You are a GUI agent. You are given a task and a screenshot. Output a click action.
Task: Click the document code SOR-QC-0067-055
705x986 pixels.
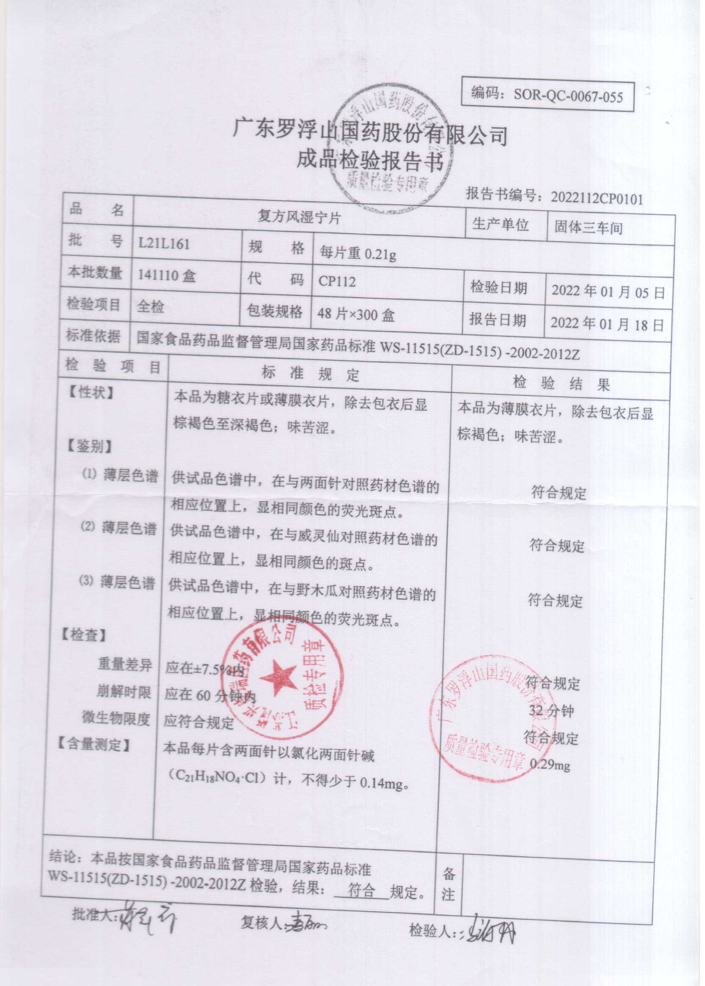568,95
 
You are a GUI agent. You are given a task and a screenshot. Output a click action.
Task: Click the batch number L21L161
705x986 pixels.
164,244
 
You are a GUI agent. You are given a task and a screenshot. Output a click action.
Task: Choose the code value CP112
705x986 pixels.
337,282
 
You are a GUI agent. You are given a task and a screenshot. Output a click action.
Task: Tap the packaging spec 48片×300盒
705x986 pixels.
355,314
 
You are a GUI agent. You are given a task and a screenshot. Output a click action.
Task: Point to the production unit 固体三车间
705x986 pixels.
588,228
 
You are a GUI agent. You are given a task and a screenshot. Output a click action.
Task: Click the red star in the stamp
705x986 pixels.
278,677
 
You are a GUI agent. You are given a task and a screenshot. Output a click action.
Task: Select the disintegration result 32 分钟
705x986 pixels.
551,710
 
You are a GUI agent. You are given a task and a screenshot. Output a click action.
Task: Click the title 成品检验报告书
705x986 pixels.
369,161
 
